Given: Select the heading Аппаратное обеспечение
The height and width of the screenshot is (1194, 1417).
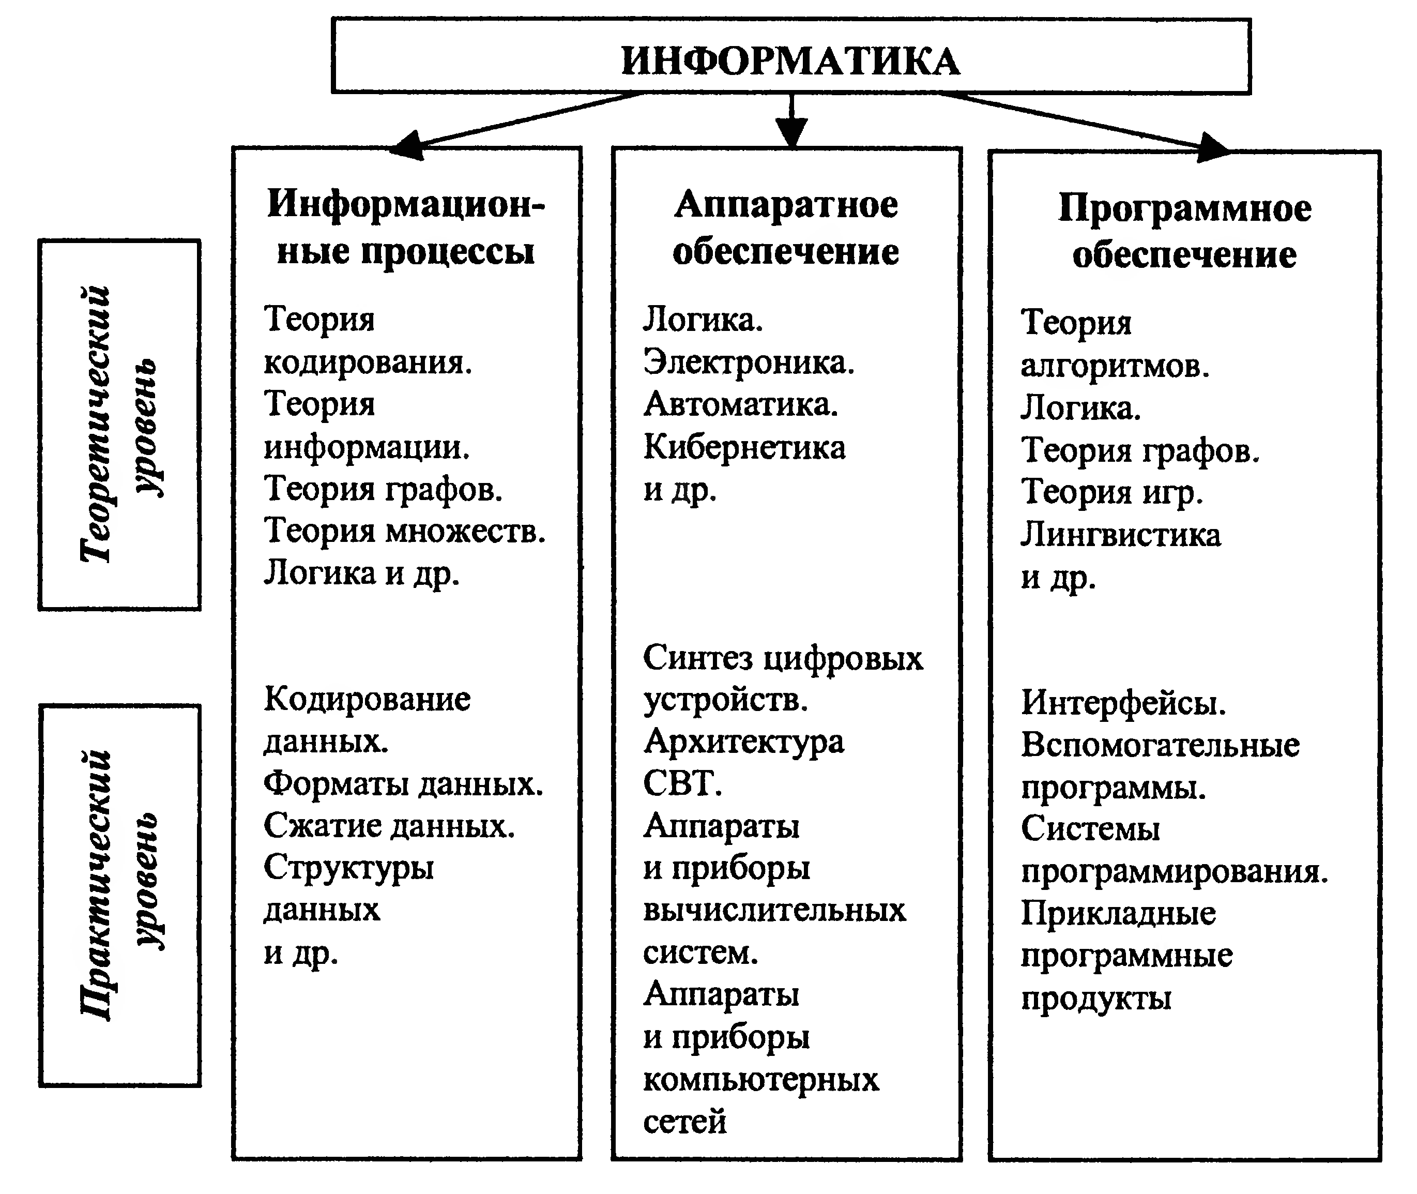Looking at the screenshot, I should [786, 228].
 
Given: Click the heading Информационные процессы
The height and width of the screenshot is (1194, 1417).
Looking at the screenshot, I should [405, 228].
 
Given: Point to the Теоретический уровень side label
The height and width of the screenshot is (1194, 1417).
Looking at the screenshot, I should [119, 425].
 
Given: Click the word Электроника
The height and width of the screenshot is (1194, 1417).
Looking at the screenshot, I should [748, 362].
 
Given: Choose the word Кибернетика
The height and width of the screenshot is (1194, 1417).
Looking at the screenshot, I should [744, 447].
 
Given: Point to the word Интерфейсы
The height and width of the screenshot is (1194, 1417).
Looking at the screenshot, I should [1123, 703].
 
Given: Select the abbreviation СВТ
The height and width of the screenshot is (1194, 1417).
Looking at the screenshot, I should [681, 784].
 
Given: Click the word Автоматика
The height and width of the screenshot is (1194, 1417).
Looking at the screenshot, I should [740, 405].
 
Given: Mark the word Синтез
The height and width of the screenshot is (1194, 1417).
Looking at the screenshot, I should [697, 658].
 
